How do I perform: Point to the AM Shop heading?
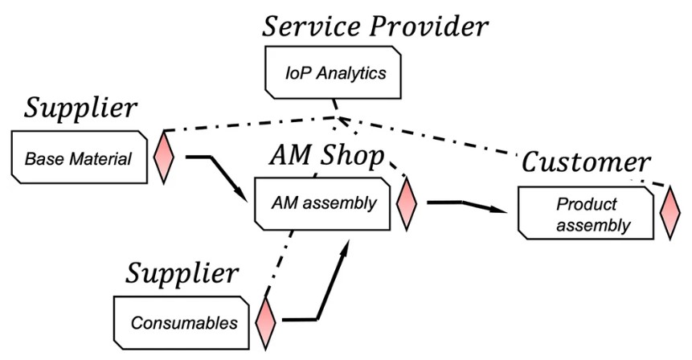pyautogui.click(x=326, y=157)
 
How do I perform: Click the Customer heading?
pyautogui.click(x=586, y=162)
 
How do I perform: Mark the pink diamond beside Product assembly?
pyautogui.click(x=669, y=213)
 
